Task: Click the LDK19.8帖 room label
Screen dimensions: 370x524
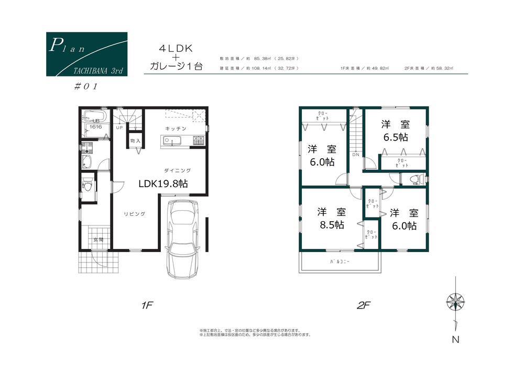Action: tap(163, 184)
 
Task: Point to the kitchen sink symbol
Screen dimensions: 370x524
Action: tap(171, 140)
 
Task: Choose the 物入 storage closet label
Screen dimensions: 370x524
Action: tap(135, 141)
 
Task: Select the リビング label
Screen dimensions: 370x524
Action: tap(134, 214)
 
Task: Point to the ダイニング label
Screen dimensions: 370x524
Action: tap(178, 170)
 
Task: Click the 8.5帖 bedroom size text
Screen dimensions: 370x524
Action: tap(331, 225)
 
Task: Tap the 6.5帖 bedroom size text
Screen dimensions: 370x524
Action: tap(396, 137)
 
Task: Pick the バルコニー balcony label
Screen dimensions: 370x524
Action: tap(340, 260)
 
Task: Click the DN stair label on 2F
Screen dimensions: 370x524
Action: tap(355, 155)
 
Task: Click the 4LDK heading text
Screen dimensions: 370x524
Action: tap(176, 48)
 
